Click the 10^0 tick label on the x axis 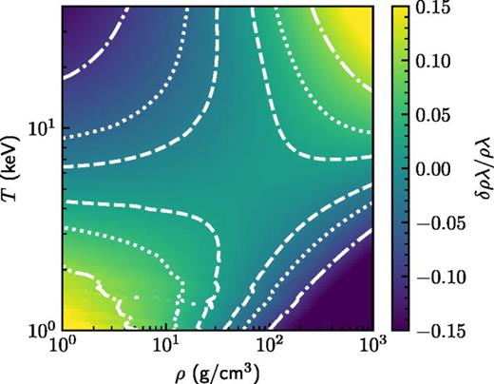click(x=63, y=343)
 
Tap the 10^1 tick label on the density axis click(x=167, y=343)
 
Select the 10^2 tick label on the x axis click(x=272, y=343)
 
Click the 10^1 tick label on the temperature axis click(x=42, y=126)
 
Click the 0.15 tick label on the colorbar click(x=444, y=9)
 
